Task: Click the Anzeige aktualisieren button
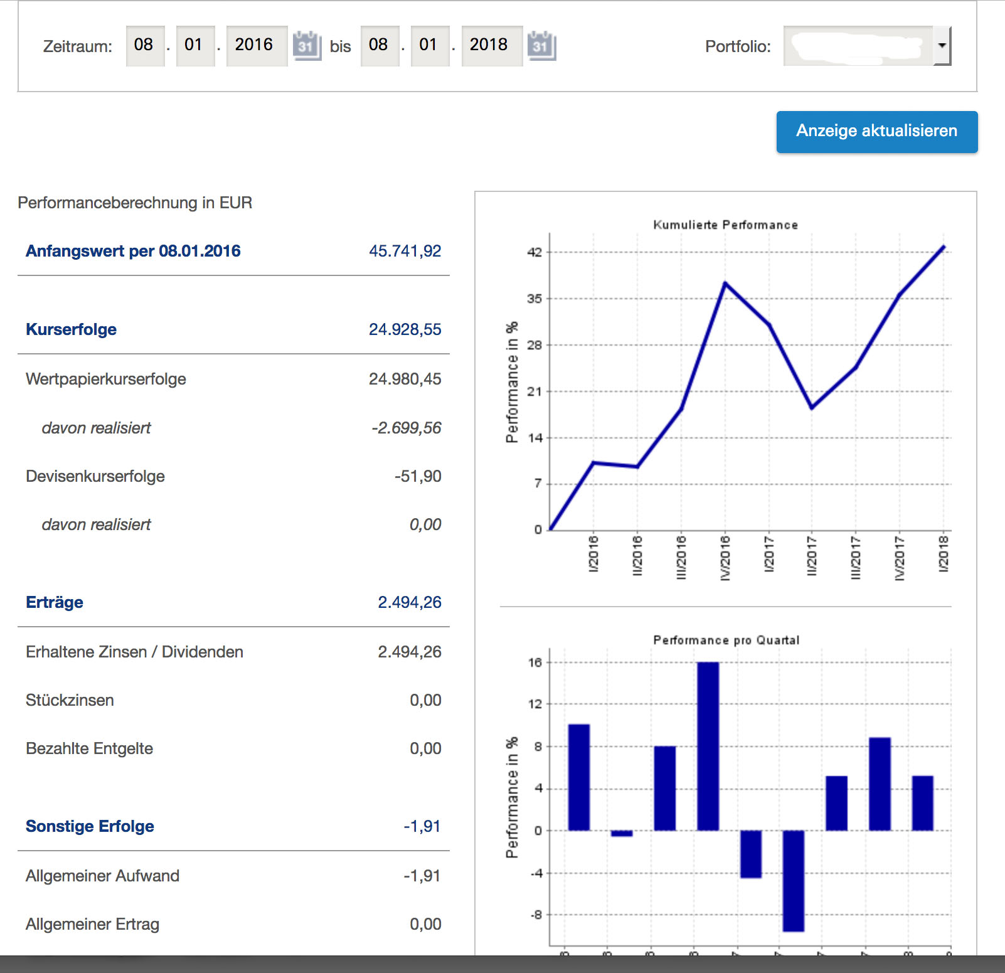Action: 876,132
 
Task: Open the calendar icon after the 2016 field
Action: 307,45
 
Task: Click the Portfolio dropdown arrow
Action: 942,45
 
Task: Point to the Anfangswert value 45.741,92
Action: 405,251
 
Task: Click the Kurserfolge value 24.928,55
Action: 405,329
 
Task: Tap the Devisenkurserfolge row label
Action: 95,476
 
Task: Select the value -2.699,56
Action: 406,428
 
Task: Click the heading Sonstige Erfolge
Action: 90,826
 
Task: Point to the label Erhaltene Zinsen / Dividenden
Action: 134,652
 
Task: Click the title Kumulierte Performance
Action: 725,225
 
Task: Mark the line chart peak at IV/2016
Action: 725,284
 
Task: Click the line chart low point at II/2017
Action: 812,408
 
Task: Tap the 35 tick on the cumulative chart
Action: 534,299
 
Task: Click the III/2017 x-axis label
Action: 856,557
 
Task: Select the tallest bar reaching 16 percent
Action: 708,747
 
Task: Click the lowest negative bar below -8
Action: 794,881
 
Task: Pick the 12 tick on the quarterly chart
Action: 534,704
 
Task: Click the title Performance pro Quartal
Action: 726,640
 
